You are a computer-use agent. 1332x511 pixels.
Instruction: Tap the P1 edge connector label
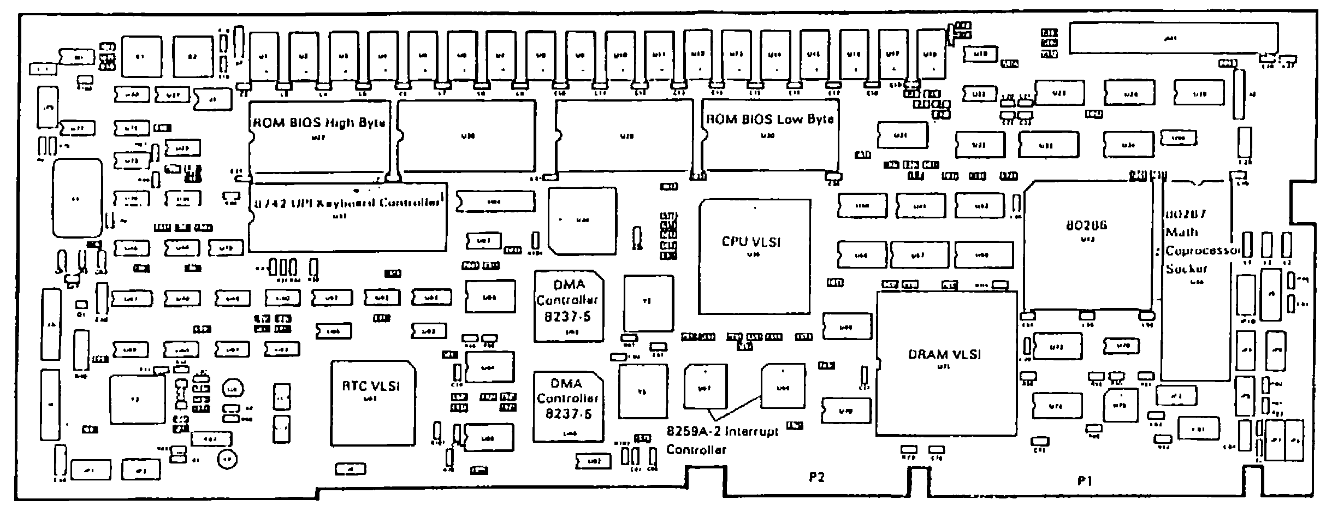point(1085,480)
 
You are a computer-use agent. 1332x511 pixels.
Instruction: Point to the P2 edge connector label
point(816,478)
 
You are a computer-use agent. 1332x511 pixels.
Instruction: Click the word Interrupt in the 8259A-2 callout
point(754,431)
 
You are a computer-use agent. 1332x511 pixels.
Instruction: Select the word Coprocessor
point(1203,251)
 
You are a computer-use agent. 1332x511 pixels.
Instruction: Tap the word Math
point(1182,232)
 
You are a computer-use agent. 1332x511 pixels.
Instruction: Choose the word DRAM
point(927,354)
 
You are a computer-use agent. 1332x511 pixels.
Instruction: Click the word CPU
point(735,242)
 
